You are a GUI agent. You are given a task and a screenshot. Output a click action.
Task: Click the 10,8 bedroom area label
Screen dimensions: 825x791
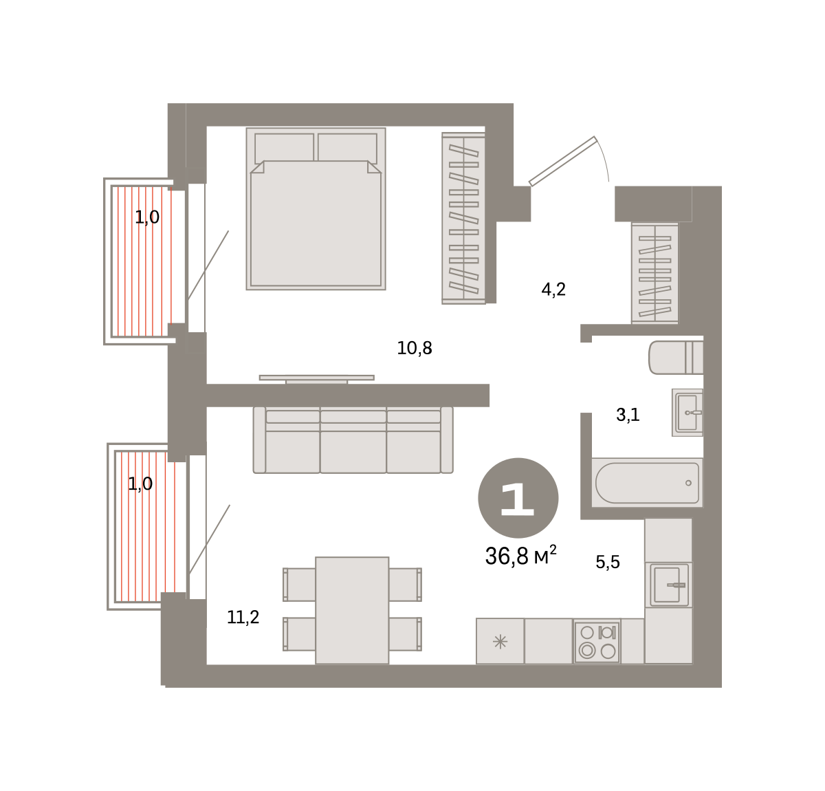click(414, 348)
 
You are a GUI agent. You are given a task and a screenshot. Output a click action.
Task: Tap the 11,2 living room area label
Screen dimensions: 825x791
click(243, 617)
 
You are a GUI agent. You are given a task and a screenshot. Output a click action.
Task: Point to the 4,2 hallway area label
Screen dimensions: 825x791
click(553, 290)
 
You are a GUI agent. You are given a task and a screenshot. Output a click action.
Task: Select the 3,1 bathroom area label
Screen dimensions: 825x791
click(628, 414)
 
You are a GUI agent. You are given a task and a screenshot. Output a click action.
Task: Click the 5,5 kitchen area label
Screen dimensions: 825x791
click(608, 561)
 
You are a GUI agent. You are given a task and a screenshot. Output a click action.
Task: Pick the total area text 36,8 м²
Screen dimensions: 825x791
click(520, 555)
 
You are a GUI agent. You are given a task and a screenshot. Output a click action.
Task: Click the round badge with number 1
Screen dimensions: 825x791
click(518, 498)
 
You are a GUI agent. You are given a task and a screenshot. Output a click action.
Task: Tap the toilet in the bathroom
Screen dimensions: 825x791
click(676, 357)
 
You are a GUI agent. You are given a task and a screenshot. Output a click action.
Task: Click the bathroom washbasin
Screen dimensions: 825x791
click(687, 412)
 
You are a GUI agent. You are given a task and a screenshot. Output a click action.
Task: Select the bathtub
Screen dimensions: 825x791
click(647, 482)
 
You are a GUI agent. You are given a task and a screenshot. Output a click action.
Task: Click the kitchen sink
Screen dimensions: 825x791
click(668, 585)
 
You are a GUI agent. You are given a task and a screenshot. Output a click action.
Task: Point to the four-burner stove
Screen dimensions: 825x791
click(597, 642)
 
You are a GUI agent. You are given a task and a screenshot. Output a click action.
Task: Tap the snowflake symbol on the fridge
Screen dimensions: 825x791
click(500, 642)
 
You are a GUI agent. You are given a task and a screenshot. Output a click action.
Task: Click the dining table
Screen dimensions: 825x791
click(352, 610)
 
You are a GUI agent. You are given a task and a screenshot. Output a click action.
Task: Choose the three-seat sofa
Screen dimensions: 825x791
click(353, 440)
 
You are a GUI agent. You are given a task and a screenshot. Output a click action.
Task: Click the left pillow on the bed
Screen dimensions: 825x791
click(285, 148)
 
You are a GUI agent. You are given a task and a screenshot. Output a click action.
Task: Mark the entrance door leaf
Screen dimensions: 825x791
click(563, 161)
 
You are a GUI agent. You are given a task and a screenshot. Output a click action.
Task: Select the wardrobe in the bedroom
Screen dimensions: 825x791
click(463, 219)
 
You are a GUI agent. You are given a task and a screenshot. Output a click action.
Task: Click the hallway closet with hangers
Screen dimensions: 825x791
click(654, 273)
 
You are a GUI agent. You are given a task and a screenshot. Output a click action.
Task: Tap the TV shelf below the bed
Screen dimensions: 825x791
click(317, 378)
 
